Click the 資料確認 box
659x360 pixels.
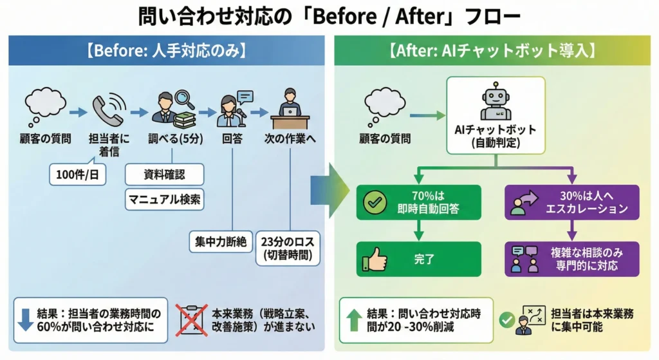pyautogui.click(x=163, y=173)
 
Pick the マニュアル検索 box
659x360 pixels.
pyautogui.click(x=163, y=199)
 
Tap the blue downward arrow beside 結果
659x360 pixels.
pyautogui.click(x=26, y=319)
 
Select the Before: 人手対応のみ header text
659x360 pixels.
pyautogui.click(x=168, y=51)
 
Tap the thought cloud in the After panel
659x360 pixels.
pyautogui.click(x=384, y=106)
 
